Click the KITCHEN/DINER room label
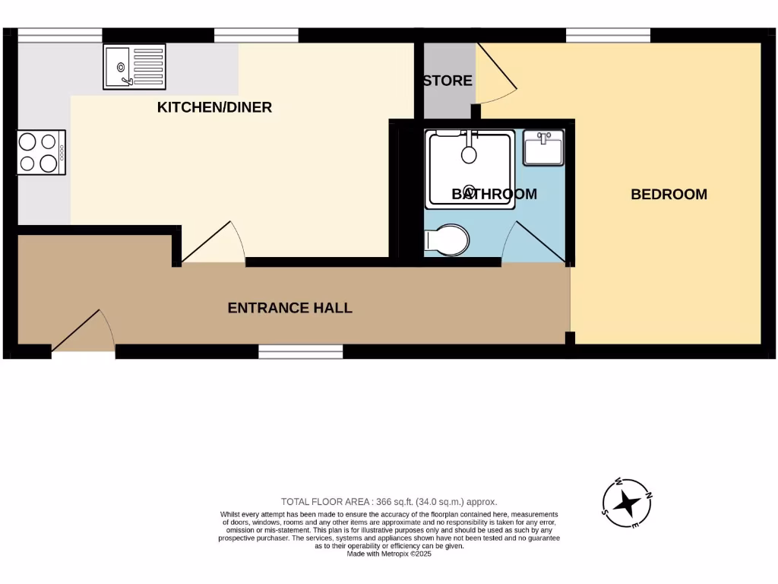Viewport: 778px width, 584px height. tap(214, 107)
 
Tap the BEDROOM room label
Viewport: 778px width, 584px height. tap(669, 194)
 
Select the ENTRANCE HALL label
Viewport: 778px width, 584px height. tap(290, 308)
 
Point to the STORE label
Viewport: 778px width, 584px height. tap(448, 81)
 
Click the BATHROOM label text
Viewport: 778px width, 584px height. tap(494, 194)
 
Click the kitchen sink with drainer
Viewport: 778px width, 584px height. tap(134, 67)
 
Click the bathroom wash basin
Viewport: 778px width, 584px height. tap(543, 148)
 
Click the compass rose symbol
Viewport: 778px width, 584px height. tap(627, 503)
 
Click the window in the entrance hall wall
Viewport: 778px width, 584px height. tap(300, 351)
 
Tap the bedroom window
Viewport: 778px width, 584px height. tap(609, 35)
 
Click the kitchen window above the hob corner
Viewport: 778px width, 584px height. tap(60, 35)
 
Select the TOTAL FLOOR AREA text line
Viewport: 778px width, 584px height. tap(389, 501)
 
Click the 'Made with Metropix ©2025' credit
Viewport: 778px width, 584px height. tap(389, 554)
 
